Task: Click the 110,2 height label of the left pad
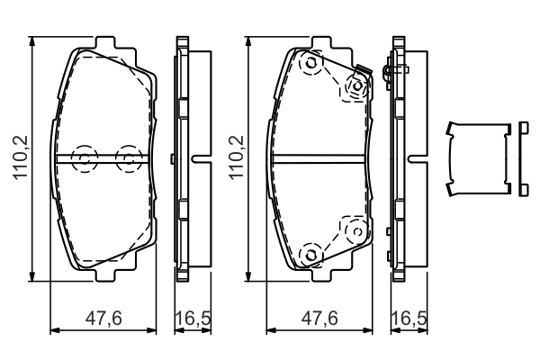21,157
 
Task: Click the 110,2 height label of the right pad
237,157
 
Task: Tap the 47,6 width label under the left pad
103,318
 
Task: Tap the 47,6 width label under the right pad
319,318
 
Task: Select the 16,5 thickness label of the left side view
193,318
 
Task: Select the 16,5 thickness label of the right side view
409,318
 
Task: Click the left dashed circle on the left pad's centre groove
85,158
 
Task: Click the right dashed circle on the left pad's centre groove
129,158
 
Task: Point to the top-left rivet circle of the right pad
311,63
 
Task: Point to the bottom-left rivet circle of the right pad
311,255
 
